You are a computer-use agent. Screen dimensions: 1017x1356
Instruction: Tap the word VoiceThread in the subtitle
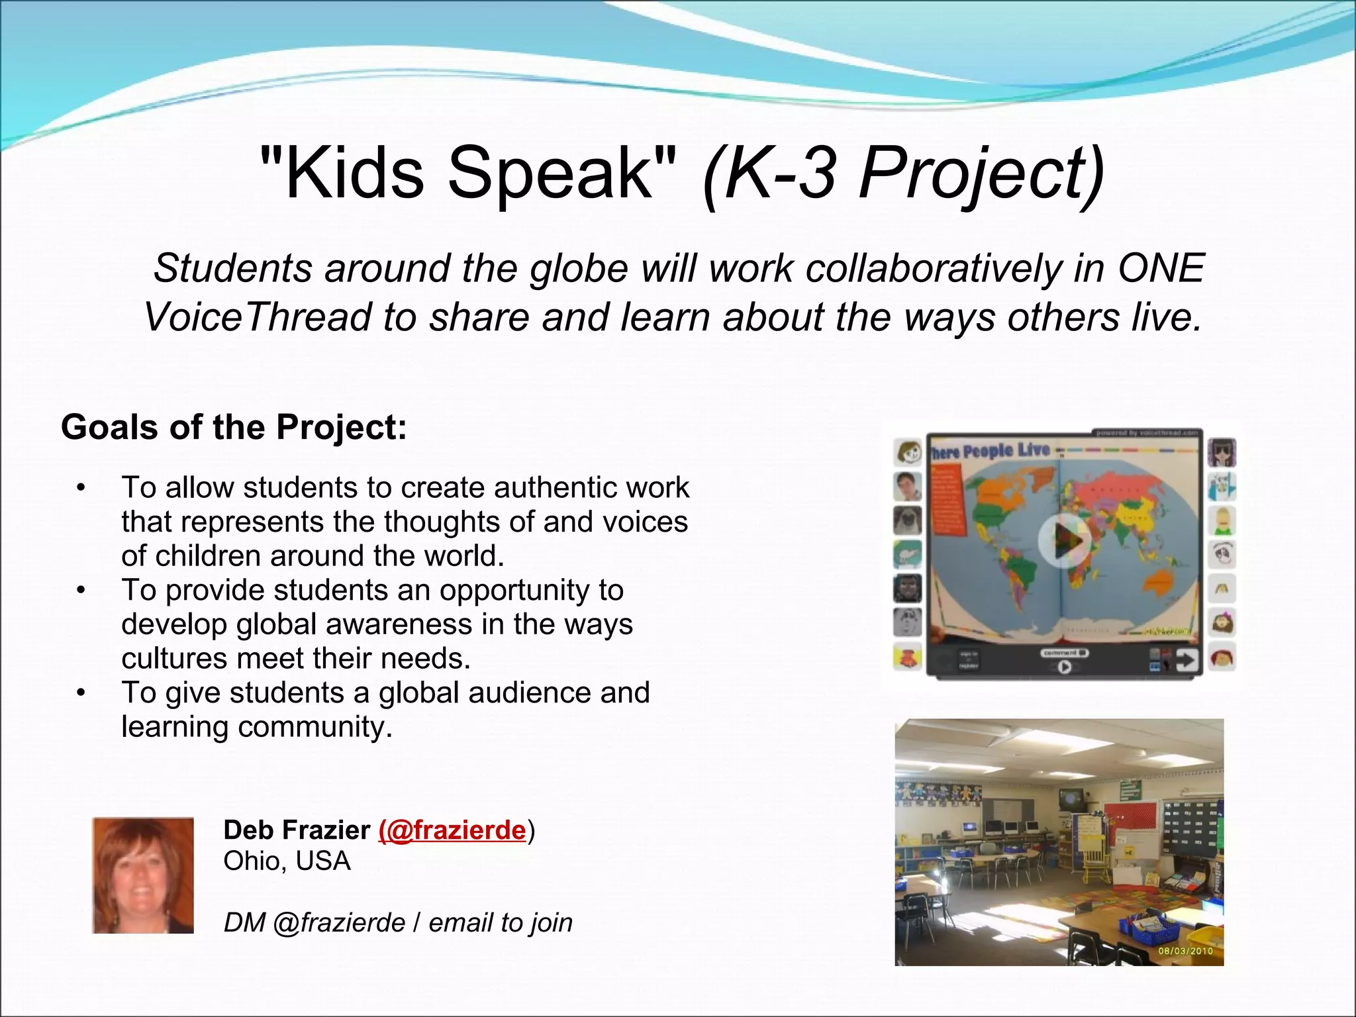(x=258, y=318)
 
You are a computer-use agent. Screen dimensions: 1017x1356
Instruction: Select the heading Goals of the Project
(x=234, y=427)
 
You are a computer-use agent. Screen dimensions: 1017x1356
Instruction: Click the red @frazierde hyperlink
(x=453, y=830)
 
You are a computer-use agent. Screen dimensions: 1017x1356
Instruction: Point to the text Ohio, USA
(x=287, y=861)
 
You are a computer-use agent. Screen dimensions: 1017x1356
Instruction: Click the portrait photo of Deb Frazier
(x=143, y=875)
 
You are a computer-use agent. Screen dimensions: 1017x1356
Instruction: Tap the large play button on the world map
(x=1064, y=542)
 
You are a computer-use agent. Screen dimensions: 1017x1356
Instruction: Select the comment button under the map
(x=1063, y=653)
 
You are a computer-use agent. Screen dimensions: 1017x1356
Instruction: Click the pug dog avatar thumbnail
(x=907, y=520)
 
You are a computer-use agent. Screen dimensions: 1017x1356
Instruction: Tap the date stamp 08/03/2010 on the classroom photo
(x=1185, y=951)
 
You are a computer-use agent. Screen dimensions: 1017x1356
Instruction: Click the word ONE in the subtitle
(x=1160, y=269)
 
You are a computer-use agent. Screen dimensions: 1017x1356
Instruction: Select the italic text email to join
(x=501, y=923)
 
